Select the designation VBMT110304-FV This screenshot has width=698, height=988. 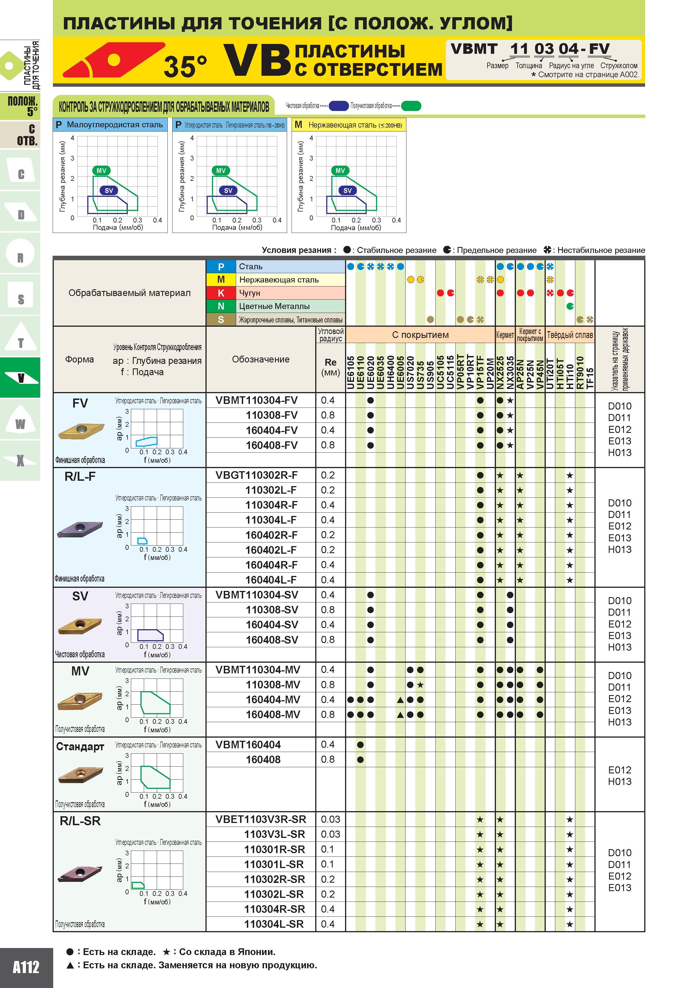tap(256, 400)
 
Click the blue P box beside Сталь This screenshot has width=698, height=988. tap(221, 266)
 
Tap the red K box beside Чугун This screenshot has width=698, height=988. tap(221, 293)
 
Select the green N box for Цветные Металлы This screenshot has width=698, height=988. tap(221, 306)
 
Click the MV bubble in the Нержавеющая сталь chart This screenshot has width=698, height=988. tap(340, 170)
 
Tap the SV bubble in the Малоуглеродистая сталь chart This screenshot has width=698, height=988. tap(109, 190)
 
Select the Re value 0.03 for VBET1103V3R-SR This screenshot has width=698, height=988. tap(330, 819)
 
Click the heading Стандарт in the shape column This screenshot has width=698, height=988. tap(80, 747)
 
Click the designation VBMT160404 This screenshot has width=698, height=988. tap(248, 744)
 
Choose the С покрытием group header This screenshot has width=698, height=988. tap(420, 335)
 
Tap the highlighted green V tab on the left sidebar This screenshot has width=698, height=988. tap(20, 377)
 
